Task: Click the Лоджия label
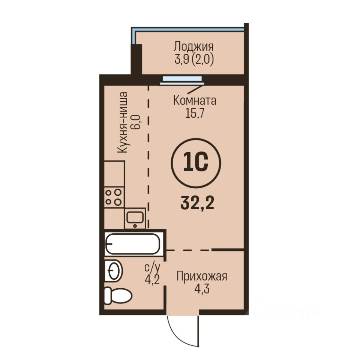tap(193, 46)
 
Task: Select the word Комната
tap(195, 100)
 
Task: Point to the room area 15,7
tap(195, 113)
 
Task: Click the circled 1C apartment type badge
tap(196, 163)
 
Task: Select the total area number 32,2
tap(197, 203)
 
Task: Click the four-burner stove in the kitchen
tap(114, 198)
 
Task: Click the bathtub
tap(132, 244)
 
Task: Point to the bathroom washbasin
tap(113, 270)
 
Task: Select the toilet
tap(117, 296)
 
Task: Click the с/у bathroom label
tap(152, 267)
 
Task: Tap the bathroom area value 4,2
tap(152, 279)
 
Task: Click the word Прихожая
tap(202, 276)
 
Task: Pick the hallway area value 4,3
tap(202, 289)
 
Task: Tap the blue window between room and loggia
tap(181, 80)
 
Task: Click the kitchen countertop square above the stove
tap(114, 174)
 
